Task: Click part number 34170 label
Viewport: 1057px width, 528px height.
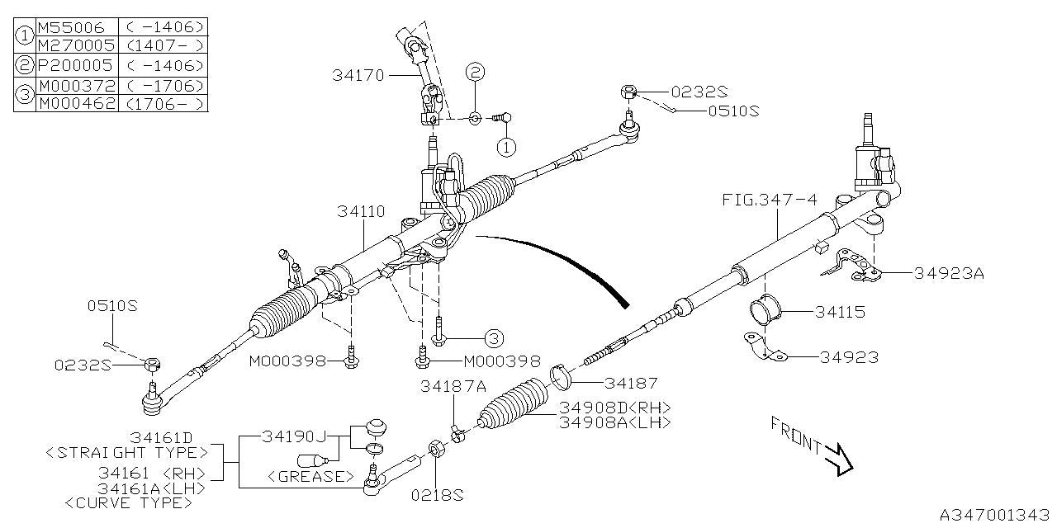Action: (x=358, y=75)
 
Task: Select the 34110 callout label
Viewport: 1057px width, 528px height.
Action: (x=361, y=211)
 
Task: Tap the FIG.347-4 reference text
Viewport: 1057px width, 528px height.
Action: (x=770, y=199)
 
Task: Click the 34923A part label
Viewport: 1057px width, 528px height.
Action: (x=949, y=274)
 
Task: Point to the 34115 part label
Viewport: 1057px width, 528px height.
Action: (x=841, y=312)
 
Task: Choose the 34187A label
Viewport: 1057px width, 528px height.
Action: (x=453, y=385)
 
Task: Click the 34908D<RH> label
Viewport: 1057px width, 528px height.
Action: (x=614, y=408)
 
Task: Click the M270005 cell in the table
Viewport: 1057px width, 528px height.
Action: (x=76, y=45)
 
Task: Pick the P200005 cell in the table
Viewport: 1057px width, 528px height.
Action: (x=76, y=65)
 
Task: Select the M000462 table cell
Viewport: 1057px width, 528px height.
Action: (x=76, y=103)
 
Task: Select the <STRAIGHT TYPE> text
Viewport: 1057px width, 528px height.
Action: (x=121, y=452)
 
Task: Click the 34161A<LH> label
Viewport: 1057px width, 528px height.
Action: (x=151, y=488)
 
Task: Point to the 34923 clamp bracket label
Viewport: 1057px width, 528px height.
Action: (x=849, y=357)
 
